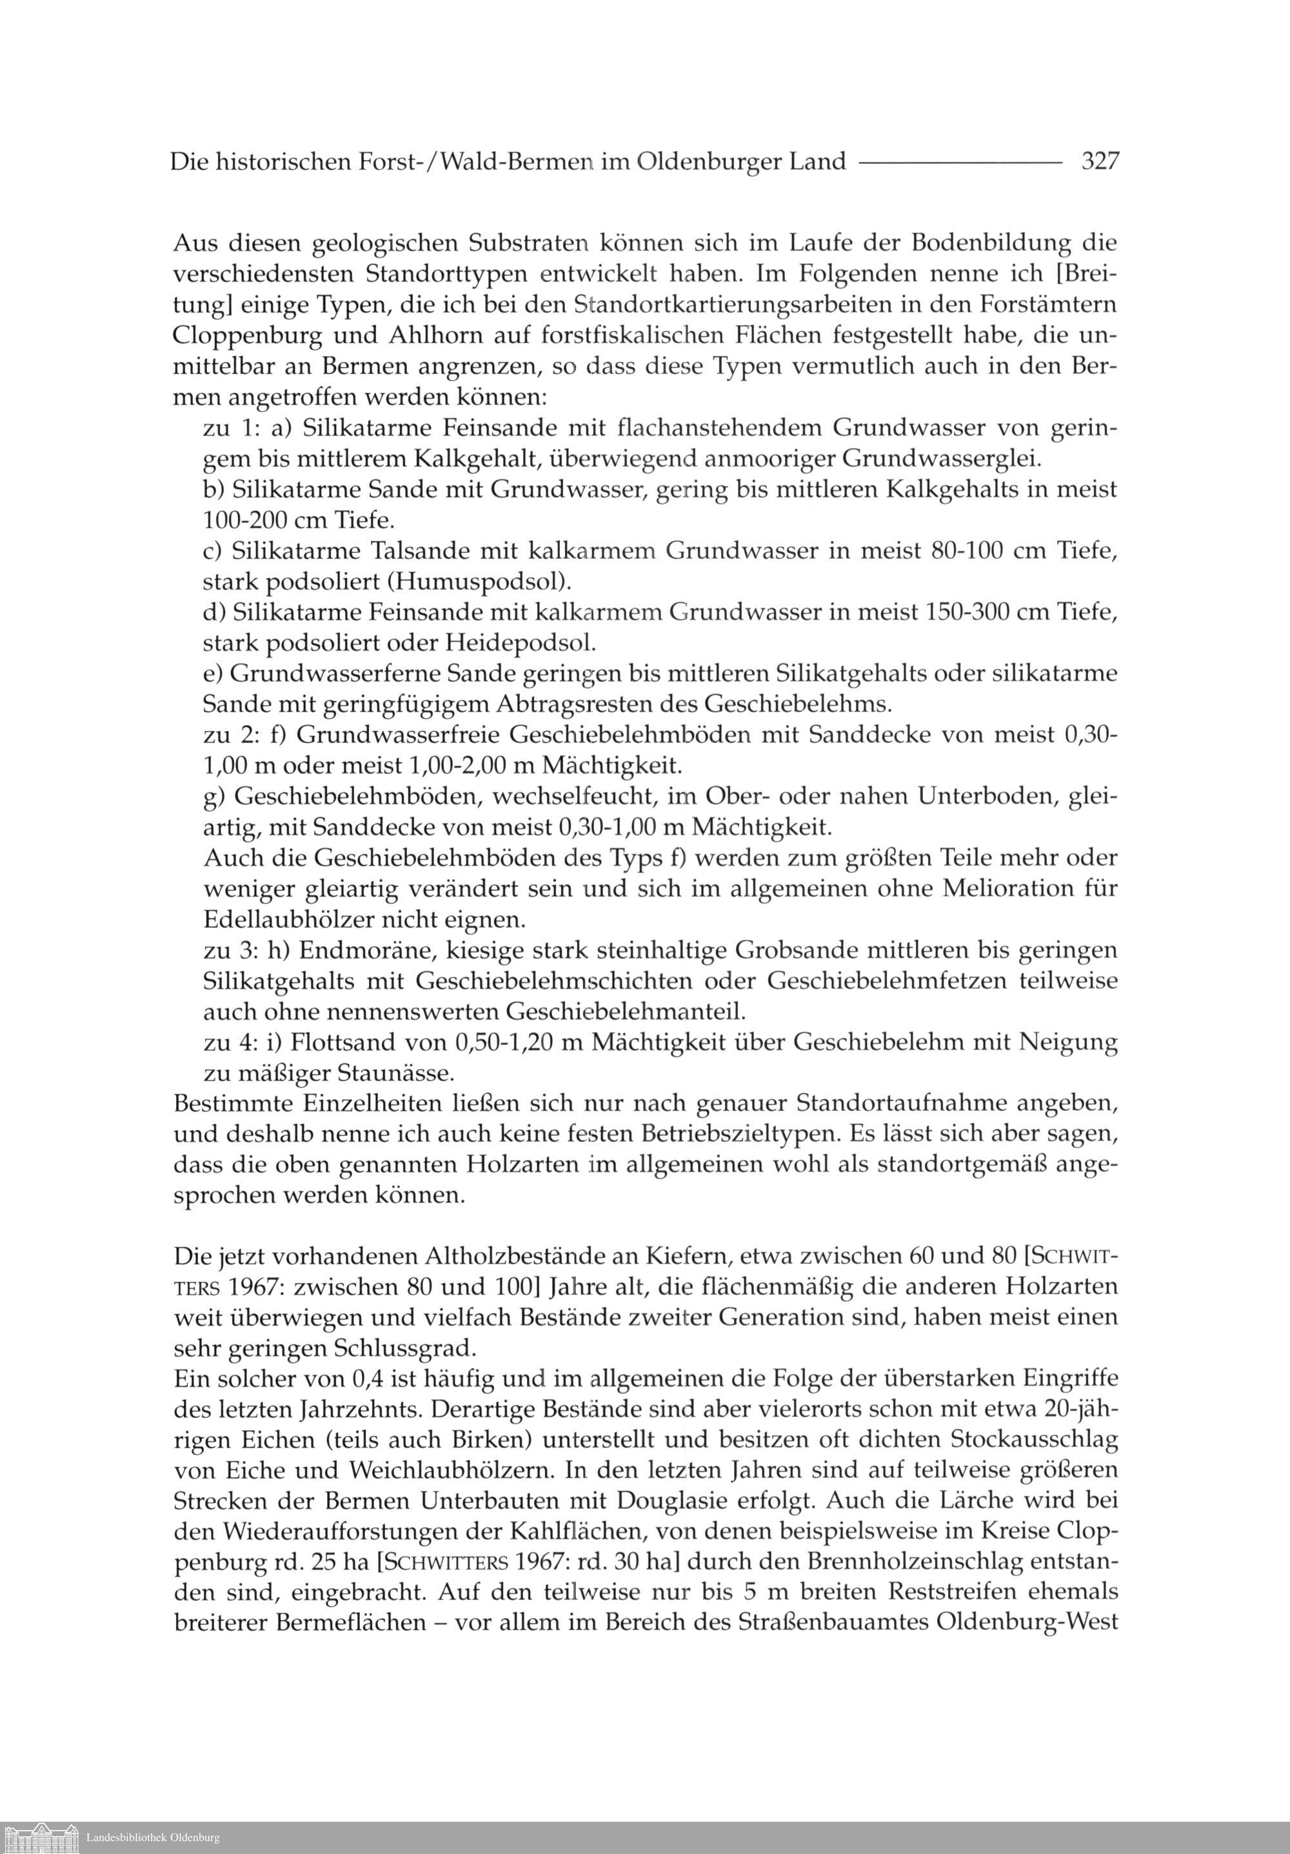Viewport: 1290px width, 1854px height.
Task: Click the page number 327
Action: point(1100,161)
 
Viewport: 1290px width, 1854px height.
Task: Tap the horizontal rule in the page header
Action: point(960,163)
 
